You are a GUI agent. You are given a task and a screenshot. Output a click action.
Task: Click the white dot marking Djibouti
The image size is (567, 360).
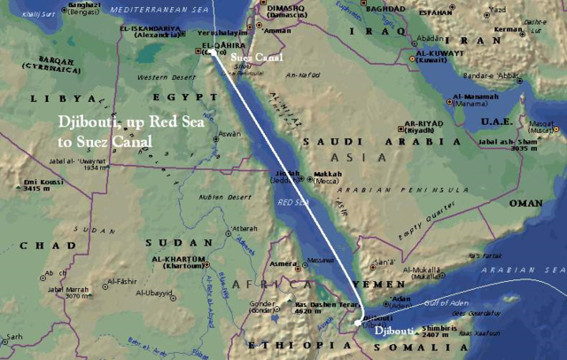click(360, 317)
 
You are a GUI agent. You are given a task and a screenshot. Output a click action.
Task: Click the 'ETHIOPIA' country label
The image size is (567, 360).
click(269, 344)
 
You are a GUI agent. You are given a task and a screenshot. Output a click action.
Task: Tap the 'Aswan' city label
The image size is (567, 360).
click(228, 134)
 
